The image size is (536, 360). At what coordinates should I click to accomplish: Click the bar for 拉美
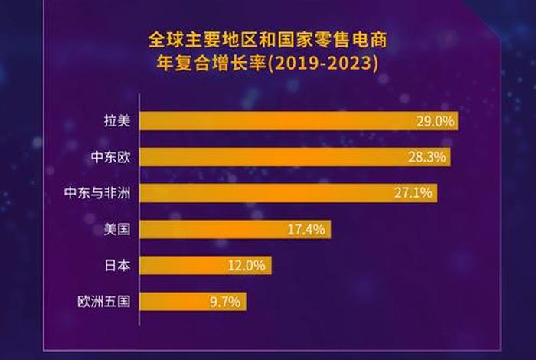[x=299, y=121]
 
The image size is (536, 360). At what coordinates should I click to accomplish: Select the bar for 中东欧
[x=295, y=157]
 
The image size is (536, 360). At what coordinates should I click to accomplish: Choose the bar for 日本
[x=206, y=266]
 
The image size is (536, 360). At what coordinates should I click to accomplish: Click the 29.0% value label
[x=434, y=121]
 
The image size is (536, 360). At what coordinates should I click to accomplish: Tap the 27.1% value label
[x=414, y=193]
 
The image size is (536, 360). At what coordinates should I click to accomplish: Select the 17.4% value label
[x=308, y=229]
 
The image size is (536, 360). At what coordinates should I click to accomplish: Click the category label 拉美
[x=117, y=121]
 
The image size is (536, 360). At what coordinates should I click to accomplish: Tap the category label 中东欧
[x=110, y=157]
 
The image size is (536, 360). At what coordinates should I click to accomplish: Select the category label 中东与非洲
[x=97, y=193]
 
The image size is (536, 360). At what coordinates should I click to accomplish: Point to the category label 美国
[x=117, y=229]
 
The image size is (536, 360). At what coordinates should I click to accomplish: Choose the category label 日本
[x=117, y=266]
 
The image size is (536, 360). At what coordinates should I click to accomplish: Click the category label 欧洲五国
[x=104, y=302]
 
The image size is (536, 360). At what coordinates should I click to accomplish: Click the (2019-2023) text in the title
[x=322, y=61]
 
